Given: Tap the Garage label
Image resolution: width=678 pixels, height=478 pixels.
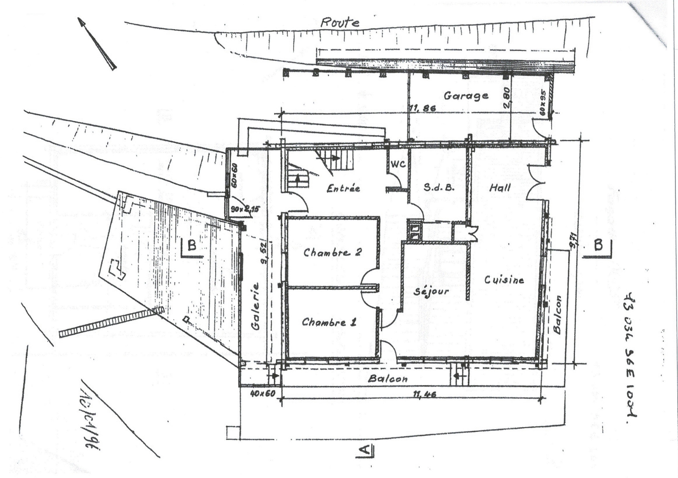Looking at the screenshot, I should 466,96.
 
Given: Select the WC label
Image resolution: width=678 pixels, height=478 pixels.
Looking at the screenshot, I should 397,163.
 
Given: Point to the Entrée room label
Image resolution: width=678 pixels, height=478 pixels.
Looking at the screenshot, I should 343,188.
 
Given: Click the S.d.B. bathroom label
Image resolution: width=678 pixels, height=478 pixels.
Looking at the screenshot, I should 439,187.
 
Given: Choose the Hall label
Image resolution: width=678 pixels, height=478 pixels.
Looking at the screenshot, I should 500,187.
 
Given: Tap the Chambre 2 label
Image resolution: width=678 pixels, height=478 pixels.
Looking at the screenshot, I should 332,253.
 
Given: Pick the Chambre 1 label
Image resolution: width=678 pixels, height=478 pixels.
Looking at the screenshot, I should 329,322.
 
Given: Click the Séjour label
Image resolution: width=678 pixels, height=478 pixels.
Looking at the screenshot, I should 431,292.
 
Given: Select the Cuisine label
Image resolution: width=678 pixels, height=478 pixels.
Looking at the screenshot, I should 504,280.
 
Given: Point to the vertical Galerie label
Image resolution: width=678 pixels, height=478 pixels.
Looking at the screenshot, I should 255,306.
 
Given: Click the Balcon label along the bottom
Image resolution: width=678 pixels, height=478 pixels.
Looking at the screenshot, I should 388,378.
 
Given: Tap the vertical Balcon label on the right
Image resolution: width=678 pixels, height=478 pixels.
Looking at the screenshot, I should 558,314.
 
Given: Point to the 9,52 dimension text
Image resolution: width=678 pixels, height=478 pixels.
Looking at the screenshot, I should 264,253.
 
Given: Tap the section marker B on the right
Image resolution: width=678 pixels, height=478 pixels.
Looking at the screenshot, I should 598,246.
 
